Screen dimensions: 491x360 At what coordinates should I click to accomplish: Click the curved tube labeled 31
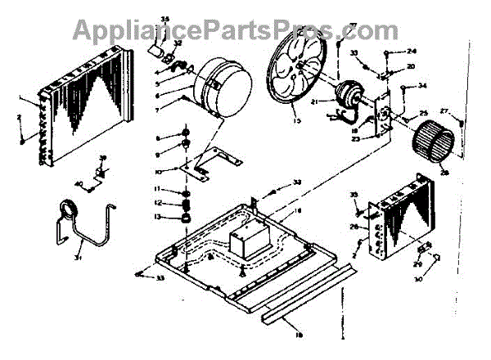point(82,230)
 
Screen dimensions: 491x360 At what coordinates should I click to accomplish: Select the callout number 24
point(412,51)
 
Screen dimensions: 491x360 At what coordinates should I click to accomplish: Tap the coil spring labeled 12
point(186,203)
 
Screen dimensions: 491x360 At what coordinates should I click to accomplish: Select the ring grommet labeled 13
point(187,218)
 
